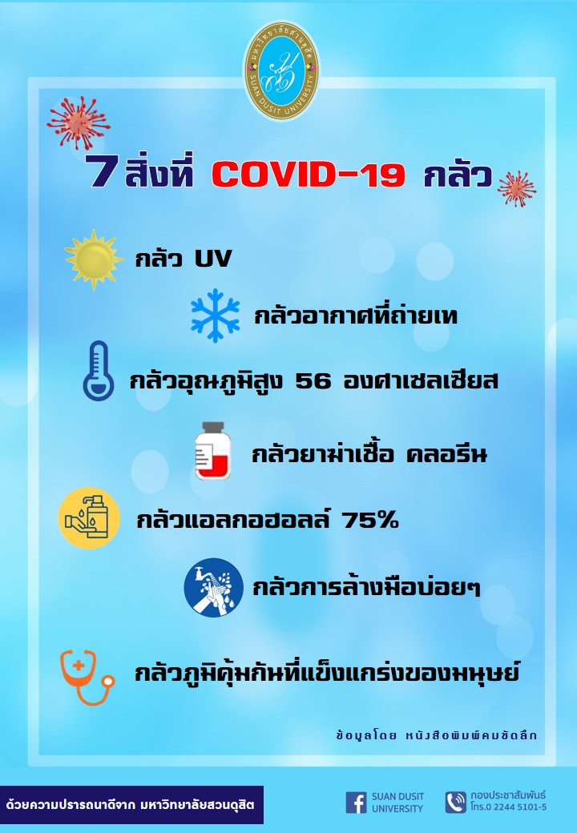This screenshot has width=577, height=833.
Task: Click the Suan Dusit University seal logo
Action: (x=281, y=70)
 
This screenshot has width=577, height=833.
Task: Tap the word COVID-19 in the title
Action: (x=309, y=175)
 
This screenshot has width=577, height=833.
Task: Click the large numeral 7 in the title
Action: (x=103, y=171)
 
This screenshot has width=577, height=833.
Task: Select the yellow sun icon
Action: (x=94, y=260)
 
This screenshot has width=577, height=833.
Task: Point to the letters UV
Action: (x=213, y=259)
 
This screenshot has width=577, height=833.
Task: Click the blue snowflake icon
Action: (x=216, y=316)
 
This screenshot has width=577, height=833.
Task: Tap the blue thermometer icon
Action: (x=99, y=370)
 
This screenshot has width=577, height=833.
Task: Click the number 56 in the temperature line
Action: (x=313, y=381)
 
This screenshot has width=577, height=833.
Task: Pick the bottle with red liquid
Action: (x=212, y=450)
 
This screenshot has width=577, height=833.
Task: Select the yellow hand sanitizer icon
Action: (x=89, y=518)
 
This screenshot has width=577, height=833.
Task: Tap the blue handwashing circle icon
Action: (x=214, y=588)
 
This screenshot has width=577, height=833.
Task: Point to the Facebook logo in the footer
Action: (x=356, y=803)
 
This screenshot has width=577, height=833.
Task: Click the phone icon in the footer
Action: (x=456, y=803)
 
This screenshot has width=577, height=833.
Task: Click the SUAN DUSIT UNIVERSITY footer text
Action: (x=397, y=803)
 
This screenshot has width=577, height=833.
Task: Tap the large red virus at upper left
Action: (x=79, y=123)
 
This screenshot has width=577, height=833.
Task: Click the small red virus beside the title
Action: (x=517, y=188)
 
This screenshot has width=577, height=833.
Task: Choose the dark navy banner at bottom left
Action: (x=131, y=804)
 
